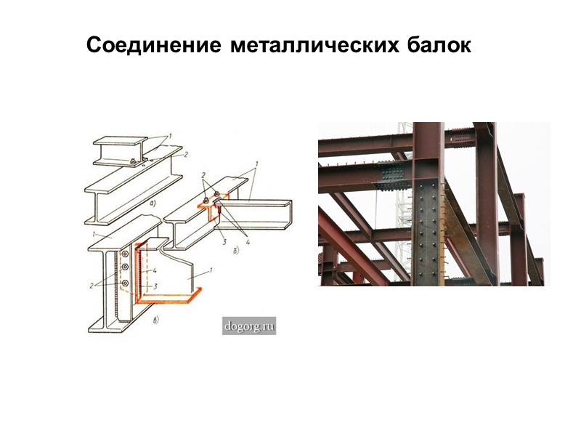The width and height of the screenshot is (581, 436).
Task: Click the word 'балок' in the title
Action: [x=436, y=46]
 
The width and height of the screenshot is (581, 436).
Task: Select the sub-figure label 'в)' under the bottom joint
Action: [x=157, y=318]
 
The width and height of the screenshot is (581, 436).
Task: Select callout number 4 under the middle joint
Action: [x=247, y=241]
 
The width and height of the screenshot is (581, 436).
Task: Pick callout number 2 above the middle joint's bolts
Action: [x=204, y=177]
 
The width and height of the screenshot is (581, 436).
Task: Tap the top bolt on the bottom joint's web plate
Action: [x=126, y=255]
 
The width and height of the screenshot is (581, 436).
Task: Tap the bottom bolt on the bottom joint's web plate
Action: [x=126, y=282]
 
